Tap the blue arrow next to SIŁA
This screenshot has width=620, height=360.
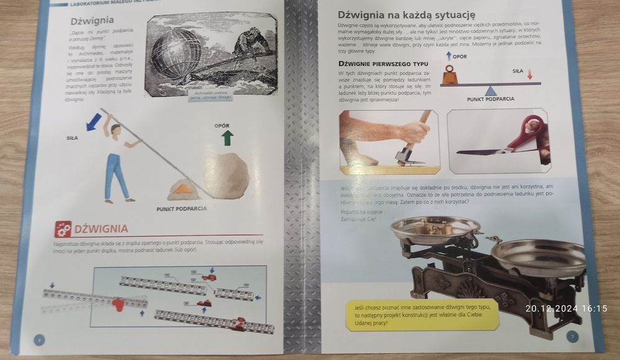point(95,121)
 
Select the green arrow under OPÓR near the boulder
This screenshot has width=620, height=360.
point(227,137)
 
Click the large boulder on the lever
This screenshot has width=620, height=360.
point(227,175)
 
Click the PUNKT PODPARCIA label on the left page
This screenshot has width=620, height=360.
point(182,209)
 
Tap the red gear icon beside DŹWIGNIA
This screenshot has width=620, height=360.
point(63,229)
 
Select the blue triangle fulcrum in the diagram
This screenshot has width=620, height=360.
point(491,90)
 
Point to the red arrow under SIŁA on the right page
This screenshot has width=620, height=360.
point(531,75)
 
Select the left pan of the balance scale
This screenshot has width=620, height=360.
point(435,229)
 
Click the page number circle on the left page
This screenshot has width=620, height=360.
point(39,338)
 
